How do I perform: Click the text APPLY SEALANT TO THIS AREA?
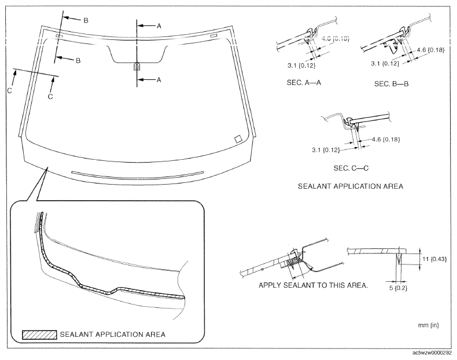(311, 285)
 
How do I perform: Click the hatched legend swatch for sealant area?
(39, 335)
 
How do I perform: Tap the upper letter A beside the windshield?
(159, 25)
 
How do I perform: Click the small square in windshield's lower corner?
(236, 139)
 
